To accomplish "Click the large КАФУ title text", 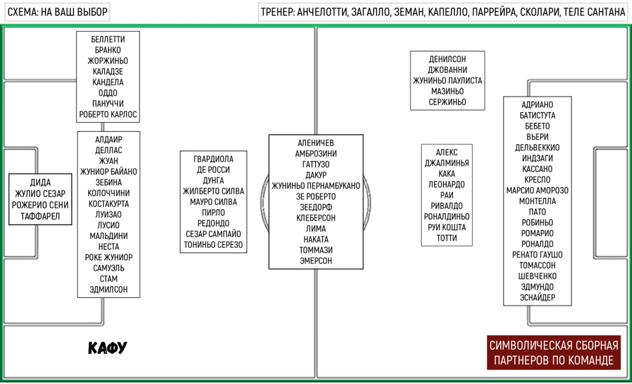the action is (x=107, y=348).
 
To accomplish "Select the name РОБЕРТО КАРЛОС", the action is (x=108, y=114).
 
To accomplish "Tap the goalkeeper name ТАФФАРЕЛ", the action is (x=40, y=216).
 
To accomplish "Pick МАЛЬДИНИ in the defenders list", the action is (x=109, y=236).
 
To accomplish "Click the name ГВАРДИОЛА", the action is (x=213, y=159).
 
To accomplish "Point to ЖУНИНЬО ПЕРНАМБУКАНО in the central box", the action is (x=316, y=185).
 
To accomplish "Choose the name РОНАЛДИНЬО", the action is (x=447, y=216).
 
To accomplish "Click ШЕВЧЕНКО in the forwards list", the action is (x=537, y=276).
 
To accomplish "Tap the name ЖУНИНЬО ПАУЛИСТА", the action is (x=448, y=81).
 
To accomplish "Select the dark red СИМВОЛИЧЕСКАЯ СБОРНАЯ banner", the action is (x=554, y=352).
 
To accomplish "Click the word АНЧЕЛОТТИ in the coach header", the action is (x=322, y=12).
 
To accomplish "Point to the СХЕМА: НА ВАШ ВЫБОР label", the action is (x=57, y=12).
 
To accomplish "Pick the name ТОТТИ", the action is (x=447, y=238).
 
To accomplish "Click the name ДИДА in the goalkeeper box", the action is (x=40, y=182).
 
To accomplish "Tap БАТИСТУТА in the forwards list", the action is (x=537, y=115).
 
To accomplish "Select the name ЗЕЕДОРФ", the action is (x=316, y=207).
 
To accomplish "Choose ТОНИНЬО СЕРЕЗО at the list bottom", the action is (x=213, y=245).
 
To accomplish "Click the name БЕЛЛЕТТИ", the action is (x=108, y=39).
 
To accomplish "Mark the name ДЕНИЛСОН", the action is (x=448, y=59).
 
